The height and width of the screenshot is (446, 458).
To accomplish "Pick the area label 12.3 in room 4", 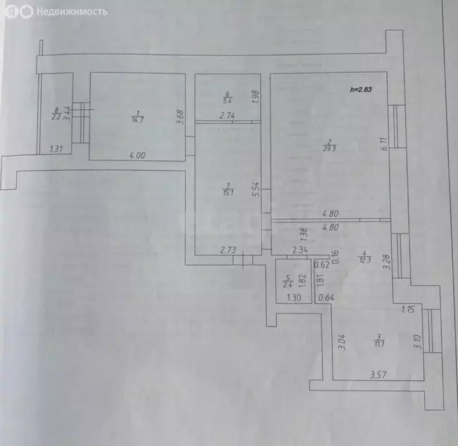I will (363, 258).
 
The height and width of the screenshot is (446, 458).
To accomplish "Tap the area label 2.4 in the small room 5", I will (286, 283).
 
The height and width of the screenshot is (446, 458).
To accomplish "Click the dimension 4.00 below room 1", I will (138, 155).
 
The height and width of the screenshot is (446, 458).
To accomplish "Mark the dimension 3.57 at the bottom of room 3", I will (379, 375).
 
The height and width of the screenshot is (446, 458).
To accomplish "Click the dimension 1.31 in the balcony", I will (56, 149).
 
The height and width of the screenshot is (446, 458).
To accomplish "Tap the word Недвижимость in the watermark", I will (71, 11).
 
